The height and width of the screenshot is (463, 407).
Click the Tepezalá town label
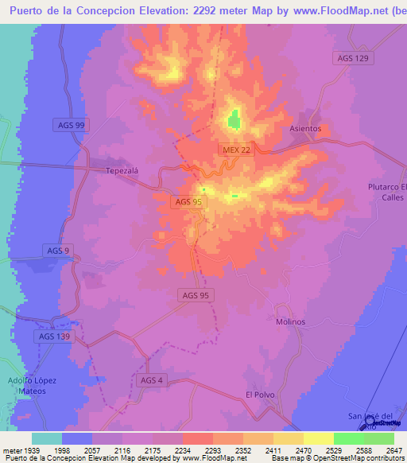(122, 170)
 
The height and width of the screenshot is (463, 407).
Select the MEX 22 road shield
(235, 150)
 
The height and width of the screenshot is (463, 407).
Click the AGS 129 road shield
(352, 59)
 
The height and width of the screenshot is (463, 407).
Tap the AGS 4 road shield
(151, 380)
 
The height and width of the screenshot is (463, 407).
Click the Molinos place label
(290, 322)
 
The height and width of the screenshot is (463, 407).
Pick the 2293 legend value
(213, 450)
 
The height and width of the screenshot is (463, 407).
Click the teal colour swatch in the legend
(47, 438)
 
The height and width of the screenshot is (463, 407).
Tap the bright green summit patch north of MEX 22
(234, 120)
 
